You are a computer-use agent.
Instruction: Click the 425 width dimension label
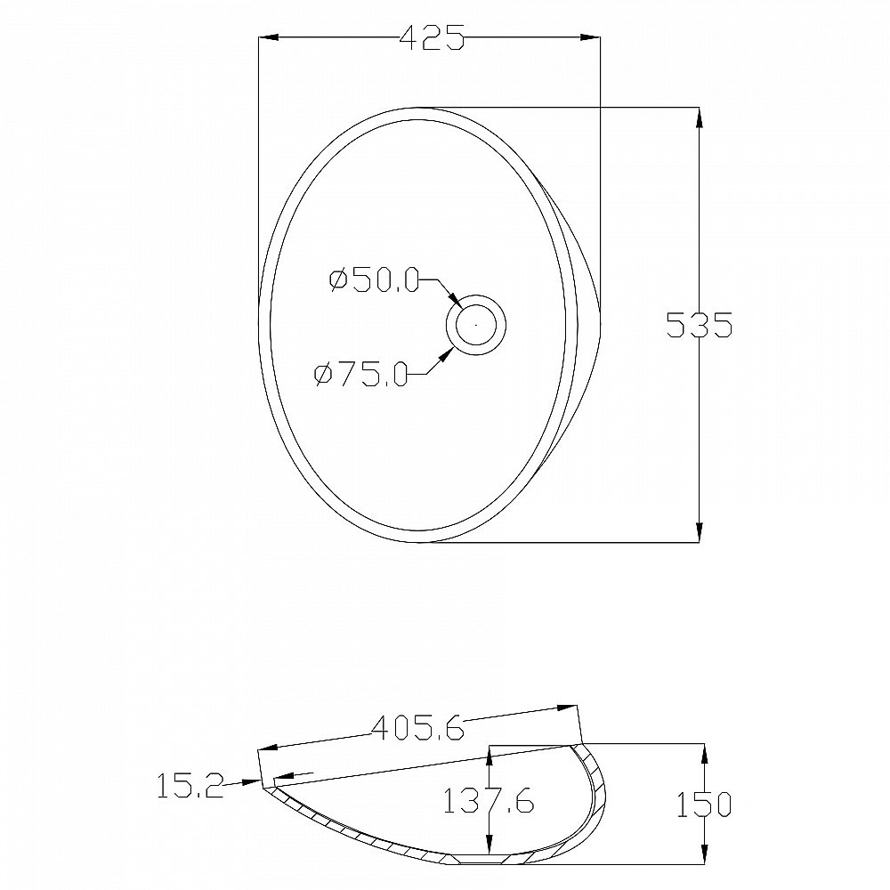point(432,37)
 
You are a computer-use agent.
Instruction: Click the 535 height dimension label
point(700,325)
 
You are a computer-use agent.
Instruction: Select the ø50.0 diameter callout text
point(374,280)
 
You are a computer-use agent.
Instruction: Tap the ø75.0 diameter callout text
point(361,375)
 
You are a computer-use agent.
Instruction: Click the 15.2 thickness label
point(190,786)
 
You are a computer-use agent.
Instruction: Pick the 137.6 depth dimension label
point(488,801)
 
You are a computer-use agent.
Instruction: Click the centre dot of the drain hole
point(475,325)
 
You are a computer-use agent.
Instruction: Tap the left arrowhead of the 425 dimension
point(268,37)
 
